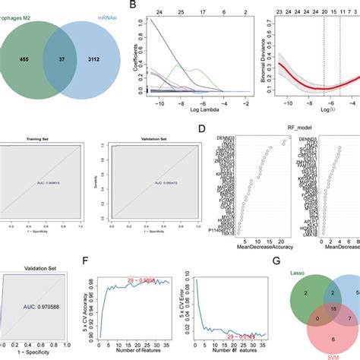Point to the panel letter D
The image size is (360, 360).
point(198,130)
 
